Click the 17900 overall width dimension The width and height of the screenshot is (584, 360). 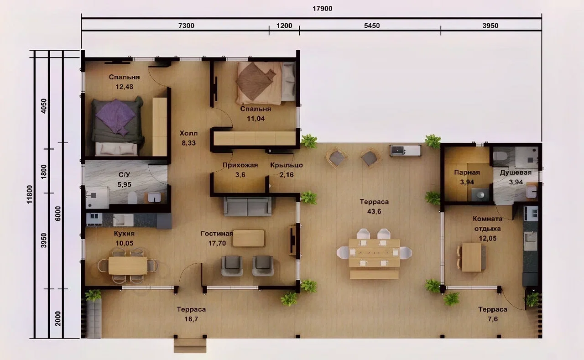point(322,9)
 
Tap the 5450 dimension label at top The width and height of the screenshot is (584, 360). point(372,26)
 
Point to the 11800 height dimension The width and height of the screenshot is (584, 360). point(30,194)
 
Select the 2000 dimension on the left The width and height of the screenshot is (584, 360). point(58,318)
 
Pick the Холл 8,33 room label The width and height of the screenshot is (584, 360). point(188,138)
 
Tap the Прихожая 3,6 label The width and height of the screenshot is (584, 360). point(240,170)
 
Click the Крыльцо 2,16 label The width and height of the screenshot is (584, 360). point(287,170)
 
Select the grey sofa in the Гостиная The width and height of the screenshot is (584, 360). point(247,206)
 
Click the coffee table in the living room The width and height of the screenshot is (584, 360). point(248,238)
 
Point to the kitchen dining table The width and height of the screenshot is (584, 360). point(128,266)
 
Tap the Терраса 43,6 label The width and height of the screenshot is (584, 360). point(374,206)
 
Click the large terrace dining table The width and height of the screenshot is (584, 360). point(374,253)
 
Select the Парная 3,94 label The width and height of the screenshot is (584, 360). point(467,177)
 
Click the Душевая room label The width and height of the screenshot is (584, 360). point(516,172)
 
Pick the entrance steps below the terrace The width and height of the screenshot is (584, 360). point(190,346)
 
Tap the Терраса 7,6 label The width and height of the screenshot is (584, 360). point(493,314)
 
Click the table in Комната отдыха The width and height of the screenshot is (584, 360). point(471,257)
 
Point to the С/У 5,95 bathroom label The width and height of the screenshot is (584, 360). point(125,180)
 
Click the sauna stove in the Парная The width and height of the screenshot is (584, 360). point(480,195)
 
